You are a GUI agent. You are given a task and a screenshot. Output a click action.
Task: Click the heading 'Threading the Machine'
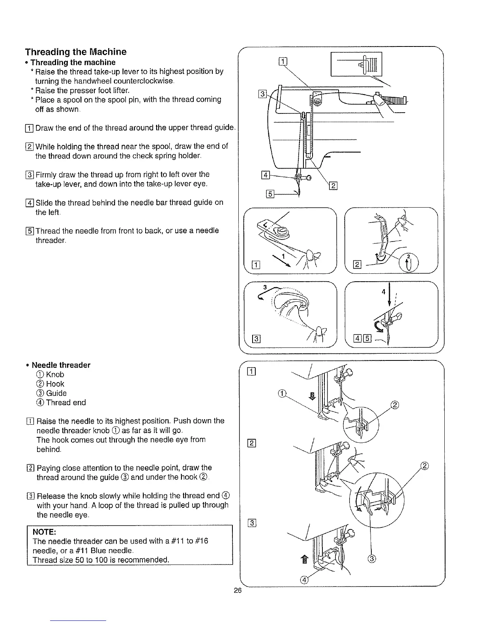pyautogui.click(x=76, y=52)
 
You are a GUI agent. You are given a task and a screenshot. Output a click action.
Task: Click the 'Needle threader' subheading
pyautogui.click(x=61, y=365)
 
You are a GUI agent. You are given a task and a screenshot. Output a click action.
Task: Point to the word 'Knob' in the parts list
pyautogui.click(x=55, y=374)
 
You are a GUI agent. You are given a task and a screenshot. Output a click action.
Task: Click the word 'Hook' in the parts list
pyautogui.click(x=55, y=384)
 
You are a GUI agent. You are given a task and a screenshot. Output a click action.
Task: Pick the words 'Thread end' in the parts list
pyautogui.click(x=66, y=403)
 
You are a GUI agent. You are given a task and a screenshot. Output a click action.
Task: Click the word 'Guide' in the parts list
pyautogui.click(x=56, y=393)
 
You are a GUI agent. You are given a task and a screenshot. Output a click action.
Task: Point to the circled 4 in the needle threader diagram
pyautogui.click(x=304, y=579)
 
